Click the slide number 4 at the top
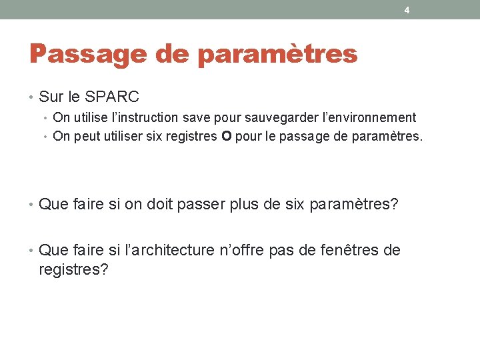407,10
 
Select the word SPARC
112,97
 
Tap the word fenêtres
351,250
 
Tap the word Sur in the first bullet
50,97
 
